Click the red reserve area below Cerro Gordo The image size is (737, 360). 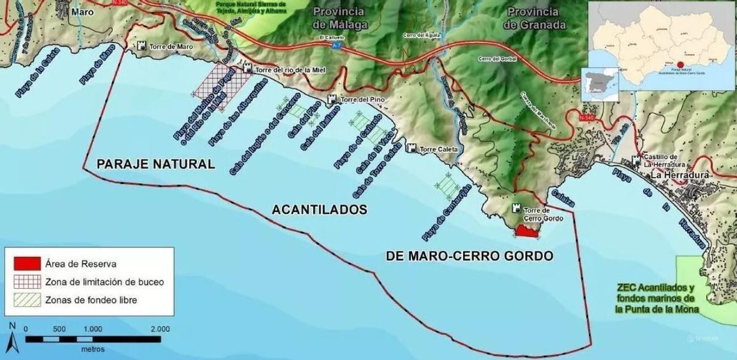(526, 232)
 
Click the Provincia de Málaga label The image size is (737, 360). (340, 18)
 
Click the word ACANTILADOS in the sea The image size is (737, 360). (319, 209)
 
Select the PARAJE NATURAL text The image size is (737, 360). (156, 164)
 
